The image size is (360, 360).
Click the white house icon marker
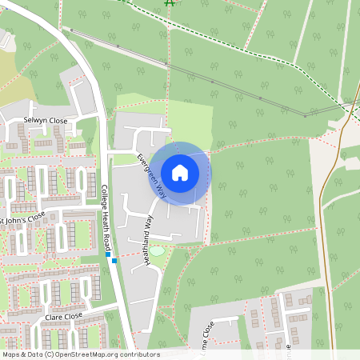180,173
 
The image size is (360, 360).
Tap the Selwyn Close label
46,120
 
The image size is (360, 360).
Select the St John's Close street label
23,217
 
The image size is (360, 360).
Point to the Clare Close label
65,316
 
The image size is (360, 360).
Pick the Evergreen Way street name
150,175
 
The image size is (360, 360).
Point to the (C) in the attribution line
50,354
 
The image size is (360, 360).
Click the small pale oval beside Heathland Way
158,251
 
